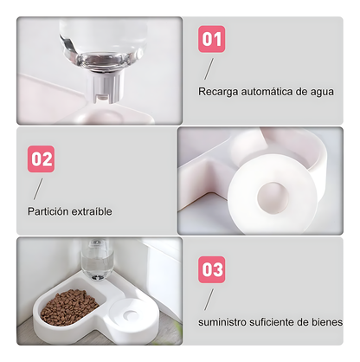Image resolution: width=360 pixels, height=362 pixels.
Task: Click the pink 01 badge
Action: click(212, 40)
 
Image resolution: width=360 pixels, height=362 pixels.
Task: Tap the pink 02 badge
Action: click(42, 159)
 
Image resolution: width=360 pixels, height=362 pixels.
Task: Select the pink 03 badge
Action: click(212, 268)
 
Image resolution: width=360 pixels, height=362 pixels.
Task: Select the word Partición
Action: click(47, 210)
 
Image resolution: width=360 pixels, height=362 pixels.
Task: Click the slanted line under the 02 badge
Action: click(39, 187)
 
